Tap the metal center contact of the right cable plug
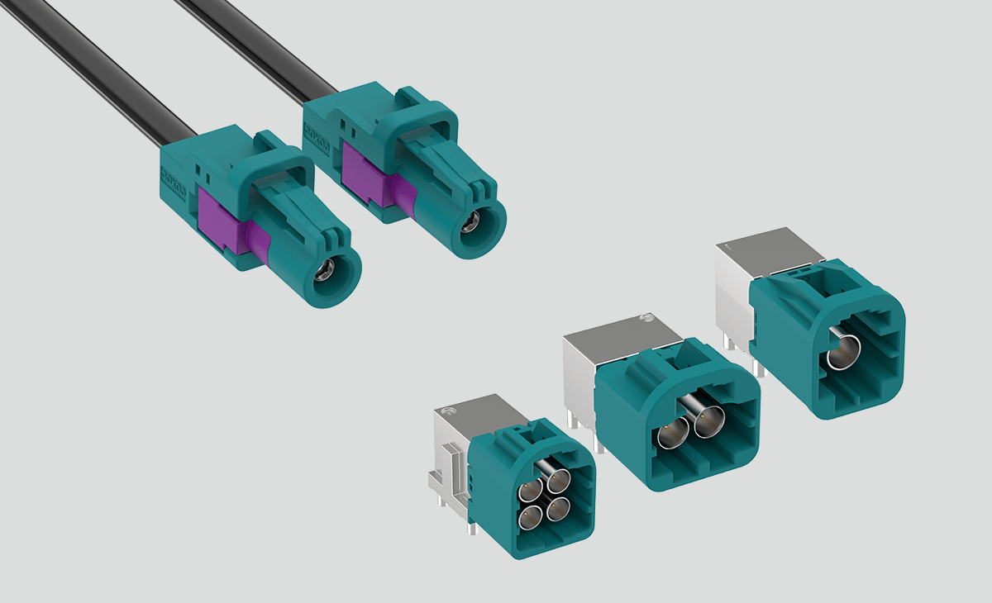(470, 221)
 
